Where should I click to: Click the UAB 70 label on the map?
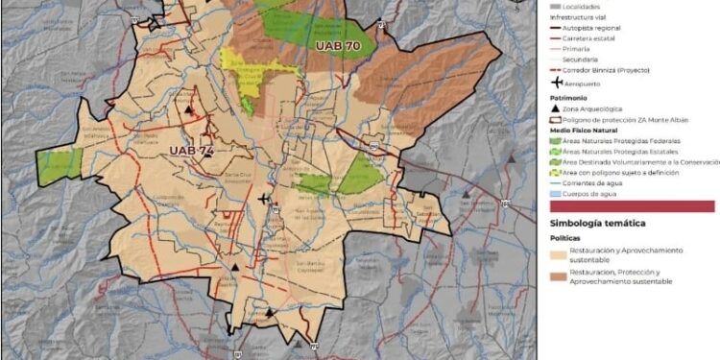click(337, 44)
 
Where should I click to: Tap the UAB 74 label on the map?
click(192, 151)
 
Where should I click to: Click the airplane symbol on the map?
click(265, 199)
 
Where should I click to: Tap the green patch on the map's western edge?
click(60, 166)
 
